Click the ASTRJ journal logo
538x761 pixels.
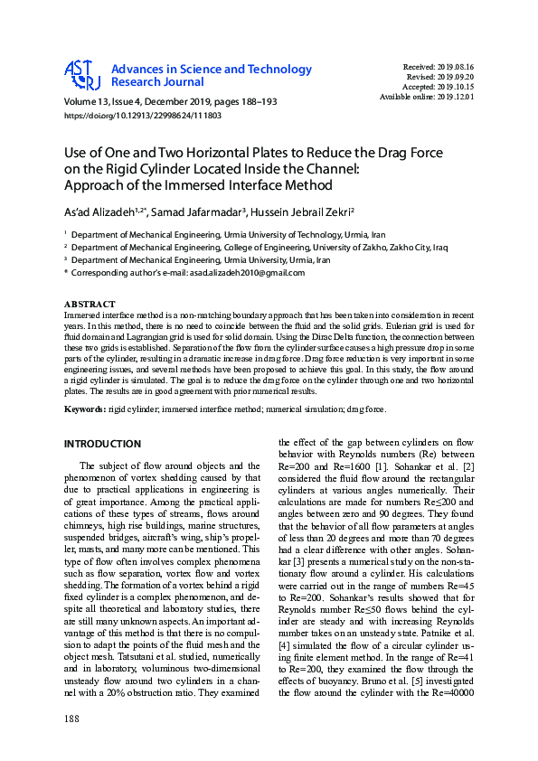[81, 76]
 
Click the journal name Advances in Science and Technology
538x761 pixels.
[212, 70]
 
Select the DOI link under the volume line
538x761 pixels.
[143, 117]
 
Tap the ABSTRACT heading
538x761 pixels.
[90, 304]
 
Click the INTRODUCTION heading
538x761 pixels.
[102, 444]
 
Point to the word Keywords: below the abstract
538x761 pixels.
[87, 410]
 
